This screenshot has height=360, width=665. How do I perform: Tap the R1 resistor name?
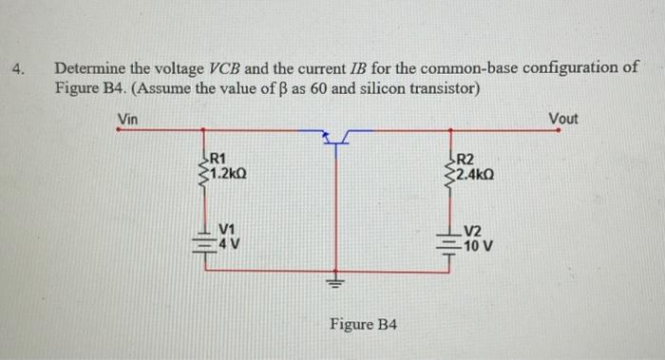coord(217,158)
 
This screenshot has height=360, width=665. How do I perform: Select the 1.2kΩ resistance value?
coord(229,173)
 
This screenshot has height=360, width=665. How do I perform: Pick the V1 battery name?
coord(226,228)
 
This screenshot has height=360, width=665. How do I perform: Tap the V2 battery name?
coord(473,230)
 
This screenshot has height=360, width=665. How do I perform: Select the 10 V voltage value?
coord(477,244)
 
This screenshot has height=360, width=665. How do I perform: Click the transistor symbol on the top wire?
coord(335,139)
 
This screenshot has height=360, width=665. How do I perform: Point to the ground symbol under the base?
coord(335,282)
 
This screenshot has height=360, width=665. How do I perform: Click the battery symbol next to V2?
coord(448,239)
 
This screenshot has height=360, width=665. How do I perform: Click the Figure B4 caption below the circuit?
coord(364,325)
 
